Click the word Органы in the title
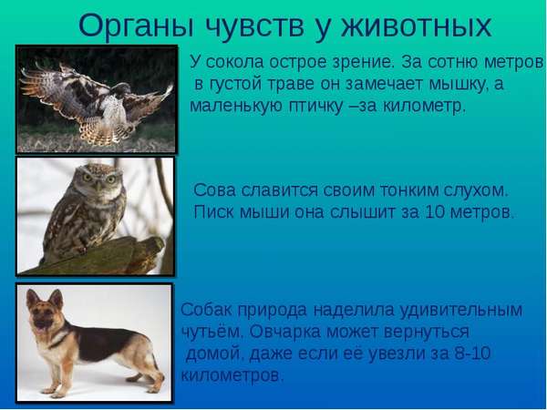point(136,26)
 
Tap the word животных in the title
point(417,26)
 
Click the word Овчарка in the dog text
point(285,332)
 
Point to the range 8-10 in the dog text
point(472,354)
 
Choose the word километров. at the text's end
point(232,375)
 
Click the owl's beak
point(98,185)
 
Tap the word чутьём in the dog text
point(212,332)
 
